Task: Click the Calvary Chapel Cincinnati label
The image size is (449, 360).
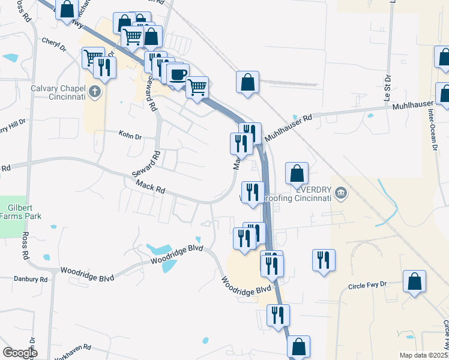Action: coord(58,92)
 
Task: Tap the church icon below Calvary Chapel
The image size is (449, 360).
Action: coord(93,92)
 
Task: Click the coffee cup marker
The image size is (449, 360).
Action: coord(178,75)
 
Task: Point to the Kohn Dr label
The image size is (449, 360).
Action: coord(130,137)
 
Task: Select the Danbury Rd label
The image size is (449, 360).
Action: coord(30,280)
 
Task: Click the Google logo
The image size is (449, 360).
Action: coord(20,353)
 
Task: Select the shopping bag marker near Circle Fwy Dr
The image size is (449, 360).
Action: coord(414,281)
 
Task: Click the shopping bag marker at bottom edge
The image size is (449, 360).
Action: coord(298,347)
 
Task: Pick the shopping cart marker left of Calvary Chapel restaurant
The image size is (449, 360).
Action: coord(93,58)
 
